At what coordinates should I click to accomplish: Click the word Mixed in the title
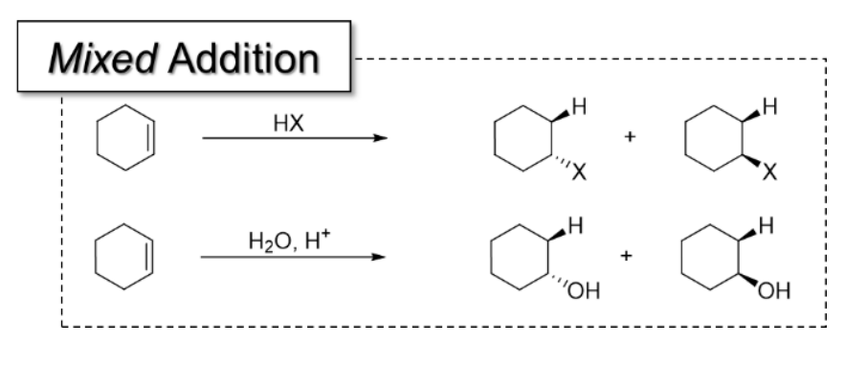(92, 59)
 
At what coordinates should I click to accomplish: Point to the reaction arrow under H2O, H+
(293, 257)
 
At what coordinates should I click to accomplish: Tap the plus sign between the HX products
(629, 138)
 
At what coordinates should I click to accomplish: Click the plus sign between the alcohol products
(628, 257)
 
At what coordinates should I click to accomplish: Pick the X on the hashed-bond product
(578, 173)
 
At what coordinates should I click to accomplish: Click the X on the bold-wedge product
(771, 173)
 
